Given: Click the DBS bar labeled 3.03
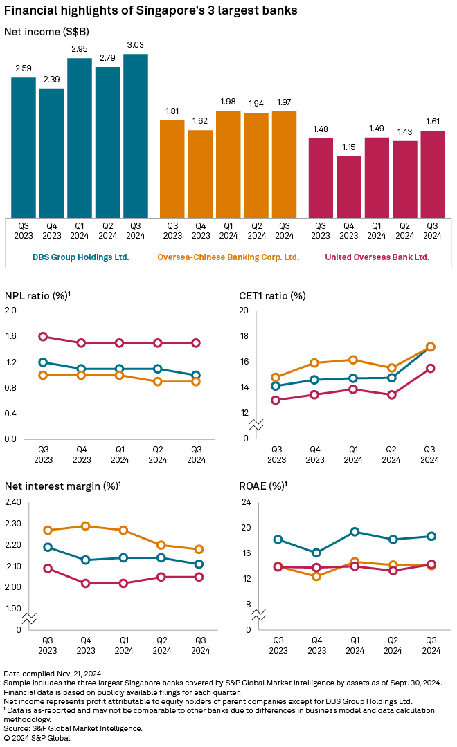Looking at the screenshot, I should [x=135, y=136].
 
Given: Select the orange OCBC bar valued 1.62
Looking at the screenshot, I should [x=200, y=174].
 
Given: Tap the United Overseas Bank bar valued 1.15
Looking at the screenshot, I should [x=349, y=187].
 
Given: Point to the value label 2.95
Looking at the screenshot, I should [x=79, y=50].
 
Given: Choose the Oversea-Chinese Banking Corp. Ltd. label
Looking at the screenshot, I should [x=228, y=257].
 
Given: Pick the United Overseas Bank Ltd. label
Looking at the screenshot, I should [x=377, y=257].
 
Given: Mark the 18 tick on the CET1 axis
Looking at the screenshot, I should [x=244, y=336].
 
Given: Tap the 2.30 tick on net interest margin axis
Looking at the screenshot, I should [x=12, y=524].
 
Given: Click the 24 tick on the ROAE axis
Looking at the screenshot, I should [x=244, y=502].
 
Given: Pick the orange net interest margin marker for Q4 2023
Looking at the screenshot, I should [x=86, y=526].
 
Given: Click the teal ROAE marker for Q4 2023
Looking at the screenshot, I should [x=316, y=553].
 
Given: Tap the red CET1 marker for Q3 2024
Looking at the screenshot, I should [x=430, y=368].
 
